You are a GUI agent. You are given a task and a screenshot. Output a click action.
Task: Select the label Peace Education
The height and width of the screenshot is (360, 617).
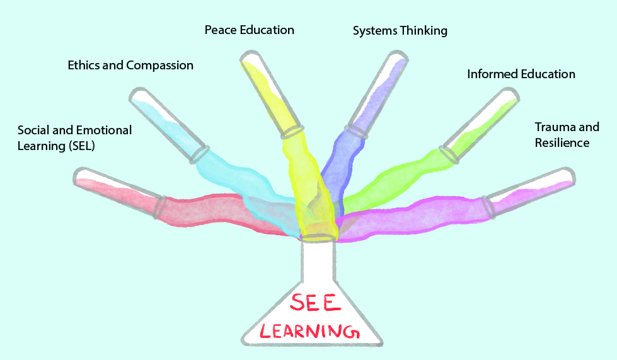(x=249, y=30)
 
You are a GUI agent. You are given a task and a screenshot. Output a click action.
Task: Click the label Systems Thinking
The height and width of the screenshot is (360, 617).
(x=400, y=30)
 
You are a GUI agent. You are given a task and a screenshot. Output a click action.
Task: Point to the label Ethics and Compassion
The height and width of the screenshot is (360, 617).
(x=130, y=65)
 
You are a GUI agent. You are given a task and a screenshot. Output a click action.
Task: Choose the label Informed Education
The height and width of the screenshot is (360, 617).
(x=521, y=74)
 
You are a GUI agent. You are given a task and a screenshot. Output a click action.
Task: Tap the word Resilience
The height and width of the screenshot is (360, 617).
(x=562, y=143)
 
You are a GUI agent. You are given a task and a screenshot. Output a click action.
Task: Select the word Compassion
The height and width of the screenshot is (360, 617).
(x=160, y=65)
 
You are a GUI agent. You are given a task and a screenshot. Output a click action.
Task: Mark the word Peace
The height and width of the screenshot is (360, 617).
(x=220, y=30)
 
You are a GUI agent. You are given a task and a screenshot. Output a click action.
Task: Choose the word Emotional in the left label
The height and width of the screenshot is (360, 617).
(x=104, y=131)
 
